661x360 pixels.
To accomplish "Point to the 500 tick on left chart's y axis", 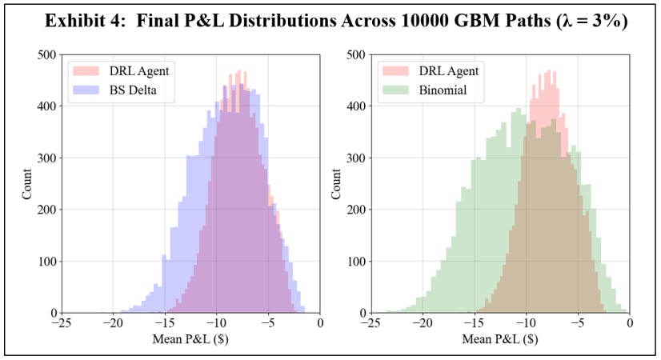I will pos(45,55).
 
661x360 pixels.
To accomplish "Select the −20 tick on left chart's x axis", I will pos(112,324).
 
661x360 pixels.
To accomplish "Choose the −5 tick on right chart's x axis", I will pos(578,324).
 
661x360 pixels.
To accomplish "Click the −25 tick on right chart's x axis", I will pos(371,324).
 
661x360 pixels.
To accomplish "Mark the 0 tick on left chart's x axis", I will pos(320,324).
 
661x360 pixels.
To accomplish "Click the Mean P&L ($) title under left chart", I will pos(190,338).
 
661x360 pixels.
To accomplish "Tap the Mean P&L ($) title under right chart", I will pos(499,338).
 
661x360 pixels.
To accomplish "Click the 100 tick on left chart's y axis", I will pos(45,262).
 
